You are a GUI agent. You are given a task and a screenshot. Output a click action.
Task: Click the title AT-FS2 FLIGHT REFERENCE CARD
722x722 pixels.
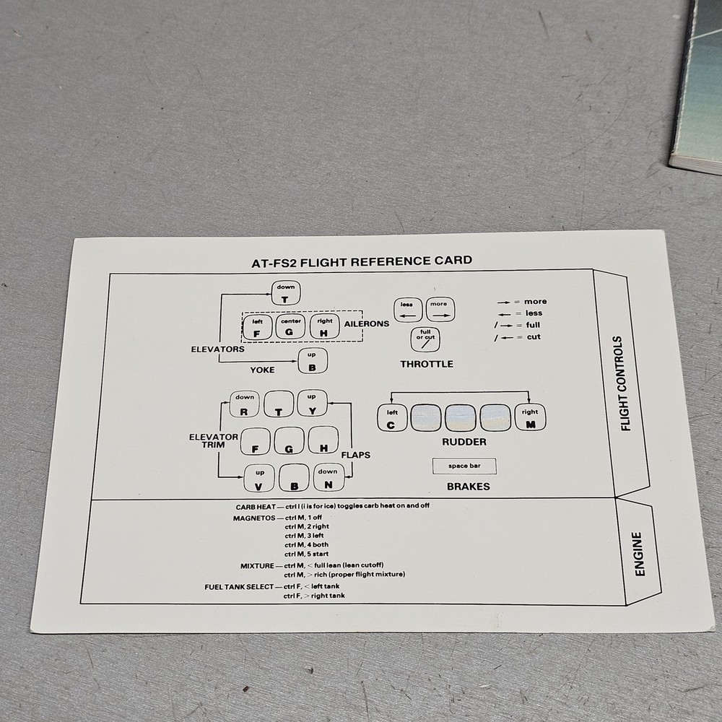coord(357,261)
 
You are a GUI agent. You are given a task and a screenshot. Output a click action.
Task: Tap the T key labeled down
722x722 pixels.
coord(284,295)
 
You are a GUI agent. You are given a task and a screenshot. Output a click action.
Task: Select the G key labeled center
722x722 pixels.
coord(290,328)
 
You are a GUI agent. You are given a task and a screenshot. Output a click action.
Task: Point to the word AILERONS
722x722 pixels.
coord(367,323)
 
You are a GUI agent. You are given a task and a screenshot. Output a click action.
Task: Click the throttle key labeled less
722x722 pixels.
coord(407,309)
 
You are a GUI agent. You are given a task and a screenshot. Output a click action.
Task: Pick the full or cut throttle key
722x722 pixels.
coord(426,339)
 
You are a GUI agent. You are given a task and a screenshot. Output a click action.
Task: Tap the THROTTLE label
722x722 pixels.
coord(427,364)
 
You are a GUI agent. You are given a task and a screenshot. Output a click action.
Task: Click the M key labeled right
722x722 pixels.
coord(531,418)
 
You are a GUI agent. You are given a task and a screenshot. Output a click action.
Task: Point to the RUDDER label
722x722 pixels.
coord(464,442)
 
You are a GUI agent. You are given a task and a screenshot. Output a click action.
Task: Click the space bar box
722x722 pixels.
coord(464,466)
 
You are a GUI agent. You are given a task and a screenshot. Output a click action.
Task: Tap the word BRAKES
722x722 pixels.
coord(468,487)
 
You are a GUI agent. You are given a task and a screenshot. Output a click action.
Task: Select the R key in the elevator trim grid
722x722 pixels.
coord(245,404)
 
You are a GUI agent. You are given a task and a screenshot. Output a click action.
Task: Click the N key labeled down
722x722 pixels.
coord(328,478)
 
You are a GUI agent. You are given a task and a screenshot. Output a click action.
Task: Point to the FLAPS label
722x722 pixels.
coord(355,455)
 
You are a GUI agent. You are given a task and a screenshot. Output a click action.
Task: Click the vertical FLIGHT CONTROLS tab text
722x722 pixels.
coord(625,383)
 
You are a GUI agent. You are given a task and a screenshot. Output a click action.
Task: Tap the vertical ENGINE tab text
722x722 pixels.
coord(638,554)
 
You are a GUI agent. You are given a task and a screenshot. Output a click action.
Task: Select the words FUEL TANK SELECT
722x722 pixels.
coord(239,587)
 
